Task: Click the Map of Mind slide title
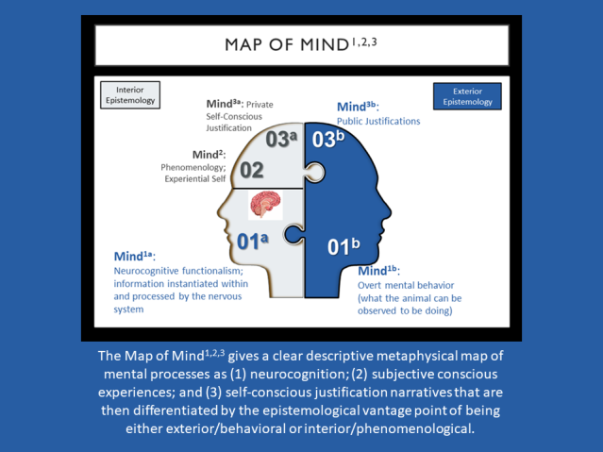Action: coord(301,44)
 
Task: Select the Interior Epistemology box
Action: coord(129,95)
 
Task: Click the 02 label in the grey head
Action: coord(251,171)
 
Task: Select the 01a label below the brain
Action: coord(253,242)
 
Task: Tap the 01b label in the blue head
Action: coord(343,248)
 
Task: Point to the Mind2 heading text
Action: coord(209,154)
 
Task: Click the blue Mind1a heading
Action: coord(133,256)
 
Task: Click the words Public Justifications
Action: coord(378,121)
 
